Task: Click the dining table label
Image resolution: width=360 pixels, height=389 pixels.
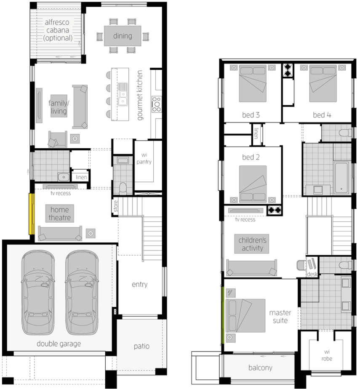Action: [123, 36]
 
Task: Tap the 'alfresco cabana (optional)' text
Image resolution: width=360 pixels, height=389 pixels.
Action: [58, 30]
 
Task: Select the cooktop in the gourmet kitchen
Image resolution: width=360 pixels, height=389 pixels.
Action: [157, 104]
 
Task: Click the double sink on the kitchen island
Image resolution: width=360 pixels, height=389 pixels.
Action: [123, 95]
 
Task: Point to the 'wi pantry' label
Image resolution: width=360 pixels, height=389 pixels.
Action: [144, 158]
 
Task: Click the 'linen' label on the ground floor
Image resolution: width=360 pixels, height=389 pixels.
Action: [81, 177]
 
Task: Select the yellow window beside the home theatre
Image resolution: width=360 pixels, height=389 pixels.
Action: [32, 214]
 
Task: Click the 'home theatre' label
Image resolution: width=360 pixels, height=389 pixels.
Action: [59, 213]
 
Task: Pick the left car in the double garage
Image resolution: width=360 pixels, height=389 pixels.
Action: [38, 292]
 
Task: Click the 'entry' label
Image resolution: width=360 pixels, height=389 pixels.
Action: [139, 284]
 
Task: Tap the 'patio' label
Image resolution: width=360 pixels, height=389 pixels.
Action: [141, 346]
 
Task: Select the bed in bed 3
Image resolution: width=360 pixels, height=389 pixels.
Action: [253, 83]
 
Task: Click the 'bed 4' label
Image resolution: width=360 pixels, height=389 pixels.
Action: [322, 115]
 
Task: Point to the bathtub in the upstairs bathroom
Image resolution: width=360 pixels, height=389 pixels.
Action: [341, 178]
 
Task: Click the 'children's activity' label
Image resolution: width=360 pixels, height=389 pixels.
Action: [252, 244]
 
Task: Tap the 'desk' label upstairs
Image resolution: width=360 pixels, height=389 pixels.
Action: [312, 274]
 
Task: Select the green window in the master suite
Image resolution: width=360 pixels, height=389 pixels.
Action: [223, 315]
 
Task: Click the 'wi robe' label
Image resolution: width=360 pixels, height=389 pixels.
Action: [327, 355]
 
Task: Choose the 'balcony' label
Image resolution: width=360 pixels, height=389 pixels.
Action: [260, 368]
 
